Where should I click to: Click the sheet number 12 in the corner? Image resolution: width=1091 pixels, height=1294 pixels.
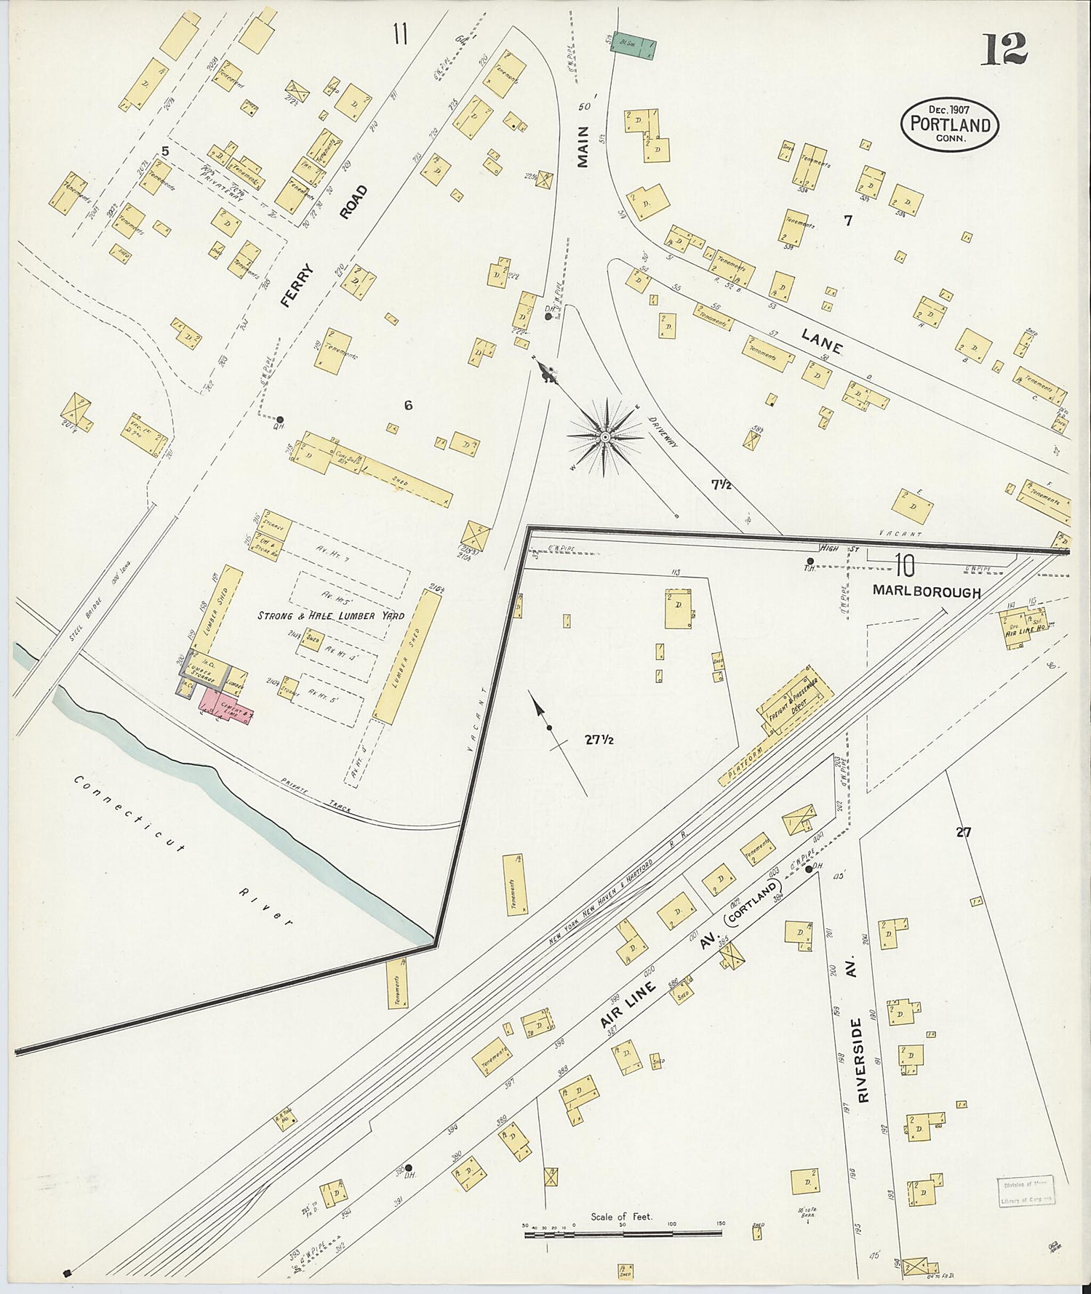[x=1004, y=50]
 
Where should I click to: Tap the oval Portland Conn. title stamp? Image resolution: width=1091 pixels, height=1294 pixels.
[x=950, y=124]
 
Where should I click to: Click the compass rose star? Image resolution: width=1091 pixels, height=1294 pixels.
[x=605, y=436]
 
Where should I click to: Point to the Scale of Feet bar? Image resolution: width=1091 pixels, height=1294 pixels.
[x=622, y=1234]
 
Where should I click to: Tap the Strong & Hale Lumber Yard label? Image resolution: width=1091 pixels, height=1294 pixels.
[x=331, y=616]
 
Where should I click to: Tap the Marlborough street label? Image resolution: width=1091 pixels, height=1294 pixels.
[x=927, y=593]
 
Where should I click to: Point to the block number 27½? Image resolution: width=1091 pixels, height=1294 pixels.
[x=599, y=740]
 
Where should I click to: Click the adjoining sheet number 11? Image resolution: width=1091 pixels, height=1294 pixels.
[x=400, y=34]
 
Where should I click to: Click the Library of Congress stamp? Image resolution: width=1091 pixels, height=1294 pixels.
[x=1025, y=1191]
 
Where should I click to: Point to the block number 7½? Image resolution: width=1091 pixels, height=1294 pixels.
[x=722, y=484]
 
